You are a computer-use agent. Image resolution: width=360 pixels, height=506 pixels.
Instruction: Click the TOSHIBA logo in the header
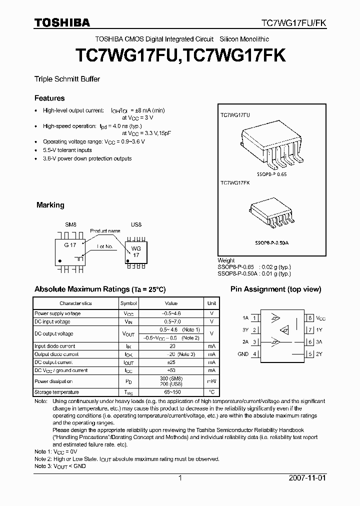[x=62, y=22]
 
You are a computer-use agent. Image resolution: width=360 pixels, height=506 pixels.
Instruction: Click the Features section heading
[x=49, y=98]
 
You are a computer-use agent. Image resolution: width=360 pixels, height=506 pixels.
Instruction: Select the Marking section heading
[x=50, y=205]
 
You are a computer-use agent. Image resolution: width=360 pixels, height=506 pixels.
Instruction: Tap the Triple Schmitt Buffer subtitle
[x=67, y=79]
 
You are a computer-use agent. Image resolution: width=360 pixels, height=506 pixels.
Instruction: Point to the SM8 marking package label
[x=70, y=224]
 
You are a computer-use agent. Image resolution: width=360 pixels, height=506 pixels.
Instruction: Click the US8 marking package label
[x=136, y=224]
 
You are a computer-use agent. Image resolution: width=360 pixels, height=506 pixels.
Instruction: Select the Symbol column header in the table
[x=128, y=303]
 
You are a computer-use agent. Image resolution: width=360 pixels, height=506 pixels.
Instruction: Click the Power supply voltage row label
[x=57, y=313]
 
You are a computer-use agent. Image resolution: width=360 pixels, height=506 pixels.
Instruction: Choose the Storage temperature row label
[x=56, y=392]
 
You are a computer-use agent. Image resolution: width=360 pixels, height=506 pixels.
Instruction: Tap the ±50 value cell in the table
[x=171, y=370]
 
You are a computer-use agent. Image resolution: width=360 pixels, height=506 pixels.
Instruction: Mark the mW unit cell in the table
[x=211, y=381]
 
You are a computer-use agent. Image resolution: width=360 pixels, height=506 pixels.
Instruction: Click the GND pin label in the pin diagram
[x=243, y=354]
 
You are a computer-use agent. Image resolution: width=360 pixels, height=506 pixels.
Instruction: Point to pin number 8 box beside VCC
[x=310, y=318]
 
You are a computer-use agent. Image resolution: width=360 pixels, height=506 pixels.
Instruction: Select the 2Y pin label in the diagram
[x=319, y=354]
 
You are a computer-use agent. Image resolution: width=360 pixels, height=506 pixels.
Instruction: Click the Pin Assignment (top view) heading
[x=275, y=289]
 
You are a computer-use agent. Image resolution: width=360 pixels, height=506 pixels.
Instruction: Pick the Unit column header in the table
[x=211, y=303]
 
